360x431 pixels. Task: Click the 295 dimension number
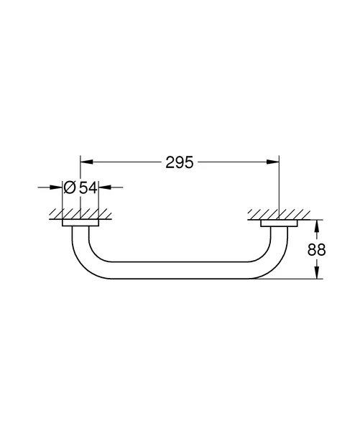180,162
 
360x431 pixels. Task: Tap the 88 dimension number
317,250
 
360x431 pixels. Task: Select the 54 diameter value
88,188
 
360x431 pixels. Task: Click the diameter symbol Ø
69,188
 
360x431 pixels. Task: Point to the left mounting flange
80,223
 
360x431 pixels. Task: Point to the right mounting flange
279,223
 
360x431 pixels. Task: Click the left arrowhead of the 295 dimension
86,162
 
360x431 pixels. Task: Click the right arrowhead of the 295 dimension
273,162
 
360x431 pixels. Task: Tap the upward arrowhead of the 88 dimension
317,226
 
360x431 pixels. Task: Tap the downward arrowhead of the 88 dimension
317,273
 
